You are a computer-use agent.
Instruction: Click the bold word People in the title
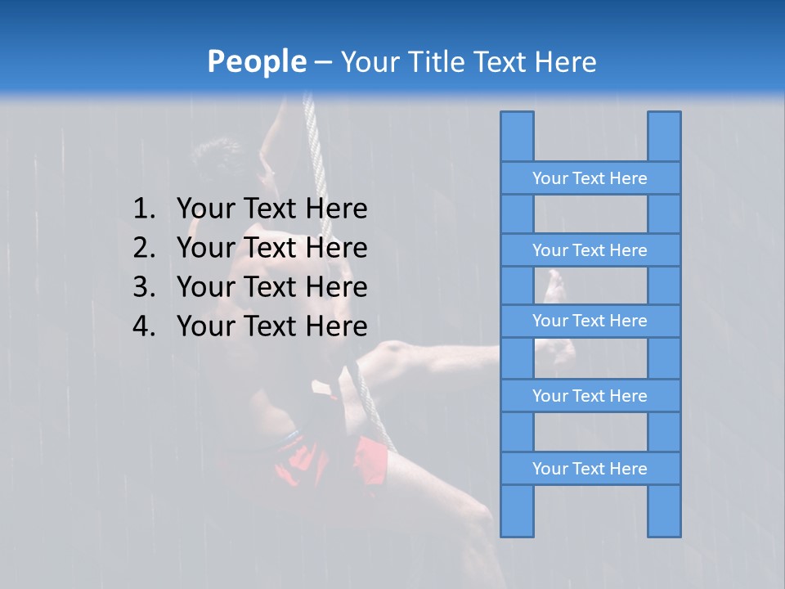point(256,61)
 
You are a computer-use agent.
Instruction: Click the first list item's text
point(271,209)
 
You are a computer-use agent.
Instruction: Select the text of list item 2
point(271,248)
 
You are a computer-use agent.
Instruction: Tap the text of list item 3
point(271,287)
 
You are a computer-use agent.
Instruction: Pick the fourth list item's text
point(271,326)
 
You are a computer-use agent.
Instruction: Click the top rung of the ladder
point(590,178)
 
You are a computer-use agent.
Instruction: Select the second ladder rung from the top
point(590,250)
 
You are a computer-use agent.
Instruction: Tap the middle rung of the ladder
point(590,321)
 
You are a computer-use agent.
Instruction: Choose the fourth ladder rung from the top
point(590,396)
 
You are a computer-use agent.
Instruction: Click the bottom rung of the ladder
point(590,469)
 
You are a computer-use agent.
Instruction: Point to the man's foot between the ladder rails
point(557,286)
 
